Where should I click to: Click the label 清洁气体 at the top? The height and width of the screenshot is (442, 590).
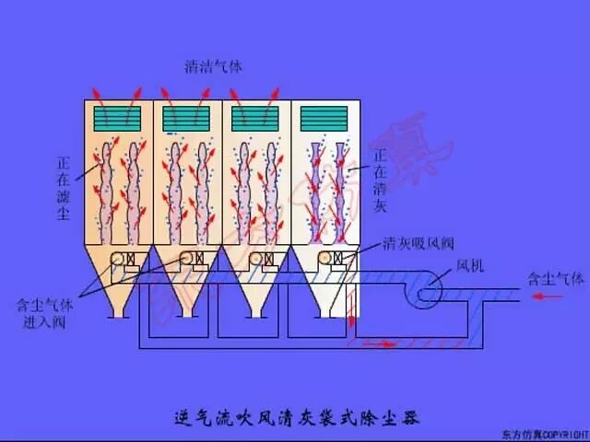click(213, 66)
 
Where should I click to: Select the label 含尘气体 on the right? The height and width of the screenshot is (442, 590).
click(555, 277)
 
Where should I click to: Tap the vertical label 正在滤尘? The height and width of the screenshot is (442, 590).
click(64, 187)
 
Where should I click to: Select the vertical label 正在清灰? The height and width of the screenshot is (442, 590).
click(380, 175)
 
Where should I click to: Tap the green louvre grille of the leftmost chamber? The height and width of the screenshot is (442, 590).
click(117, 117)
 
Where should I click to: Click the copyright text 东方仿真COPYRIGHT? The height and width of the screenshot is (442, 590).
click(544, 433)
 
